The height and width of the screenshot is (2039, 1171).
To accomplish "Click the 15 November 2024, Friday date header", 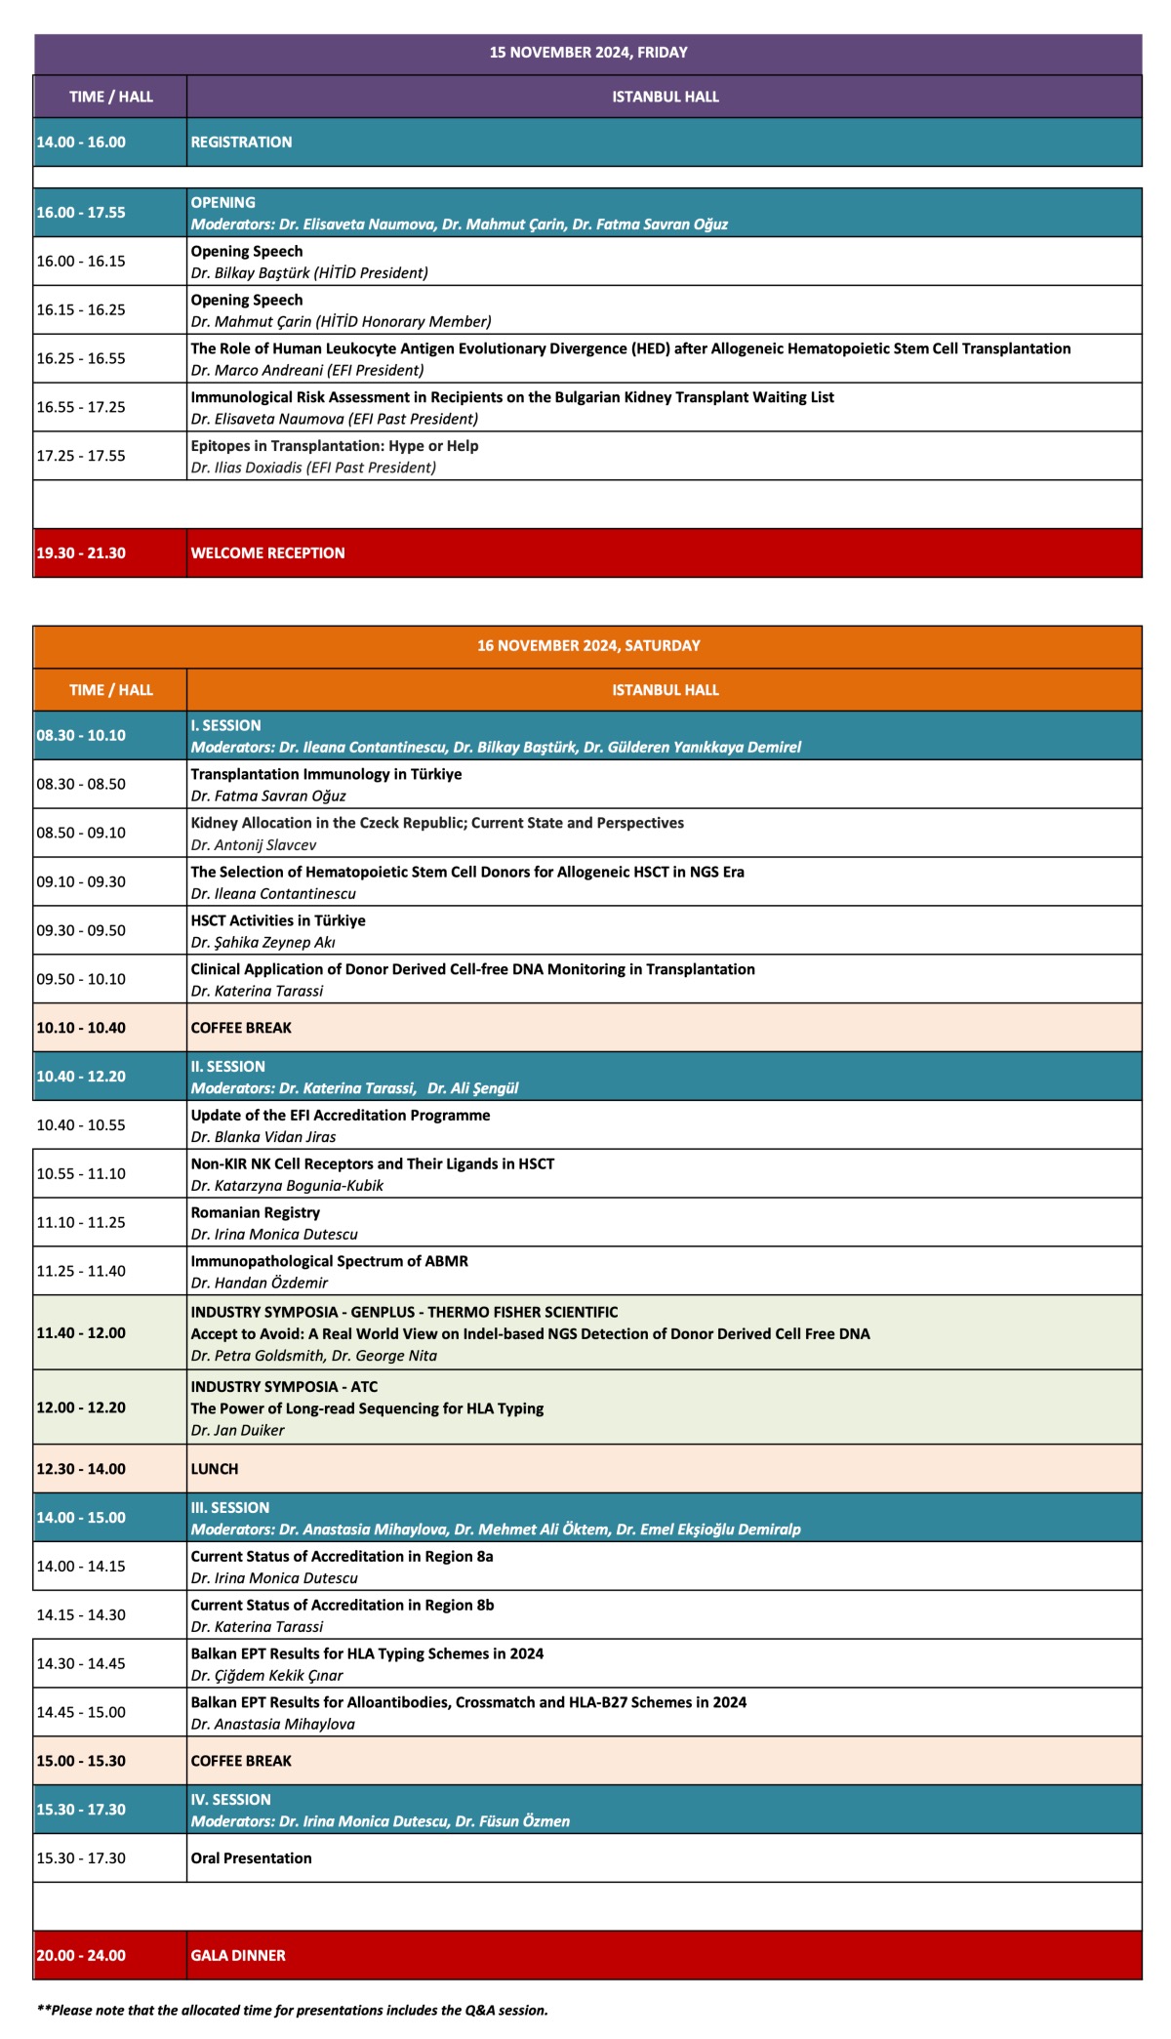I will [587, 53].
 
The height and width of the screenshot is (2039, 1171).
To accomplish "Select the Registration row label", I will [241, 143].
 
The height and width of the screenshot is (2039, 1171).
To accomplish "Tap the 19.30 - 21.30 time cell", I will [81, 553].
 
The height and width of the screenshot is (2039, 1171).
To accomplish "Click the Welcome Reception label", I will [267, 553].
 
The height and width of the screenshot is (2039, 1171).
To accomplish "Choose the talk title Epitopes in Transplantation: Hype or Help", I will [334, 446].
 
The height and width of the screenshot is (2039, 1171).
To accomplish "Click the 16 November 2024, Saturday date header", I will [587, 646].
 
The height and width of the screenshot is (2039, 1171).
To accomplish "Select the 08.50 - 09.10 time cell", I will [81, 834].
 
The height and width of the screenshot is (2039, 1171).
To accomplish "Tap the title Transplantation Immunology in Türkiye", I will [326, 774].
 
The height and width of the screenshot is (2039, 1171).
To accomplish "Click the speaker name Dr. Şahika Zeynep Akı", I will [263, 943].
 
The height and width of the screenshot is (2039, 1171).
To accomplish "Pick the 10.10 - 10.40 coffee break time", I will [81, 1028].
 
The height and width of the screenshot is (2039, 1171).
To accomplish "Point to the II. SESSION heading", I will [227, 1067].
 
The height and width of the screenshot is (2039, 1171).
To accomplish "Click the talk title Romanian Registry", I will [255, 1212].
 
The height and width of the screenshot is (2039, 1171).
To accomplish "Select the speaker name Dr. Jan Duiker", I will [237, 1431].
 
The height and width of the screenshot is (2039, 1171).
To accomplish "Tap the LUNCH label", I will [215, 1469].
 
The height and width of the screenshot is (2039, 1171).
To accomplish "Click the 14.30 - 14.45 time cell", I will [81, 1664].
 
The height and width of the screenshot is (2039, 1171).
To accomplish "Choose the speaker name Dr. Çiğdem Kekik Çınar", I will [266, 1676].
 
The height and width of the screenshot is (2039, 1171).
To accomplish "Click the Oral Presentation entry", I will [251, 1858].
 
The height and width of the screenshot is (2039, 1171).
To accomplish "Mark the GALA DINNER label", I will [238, 1956].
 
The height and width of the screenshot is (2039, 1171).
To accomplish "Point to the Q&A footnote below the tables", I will [292, 2011].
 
